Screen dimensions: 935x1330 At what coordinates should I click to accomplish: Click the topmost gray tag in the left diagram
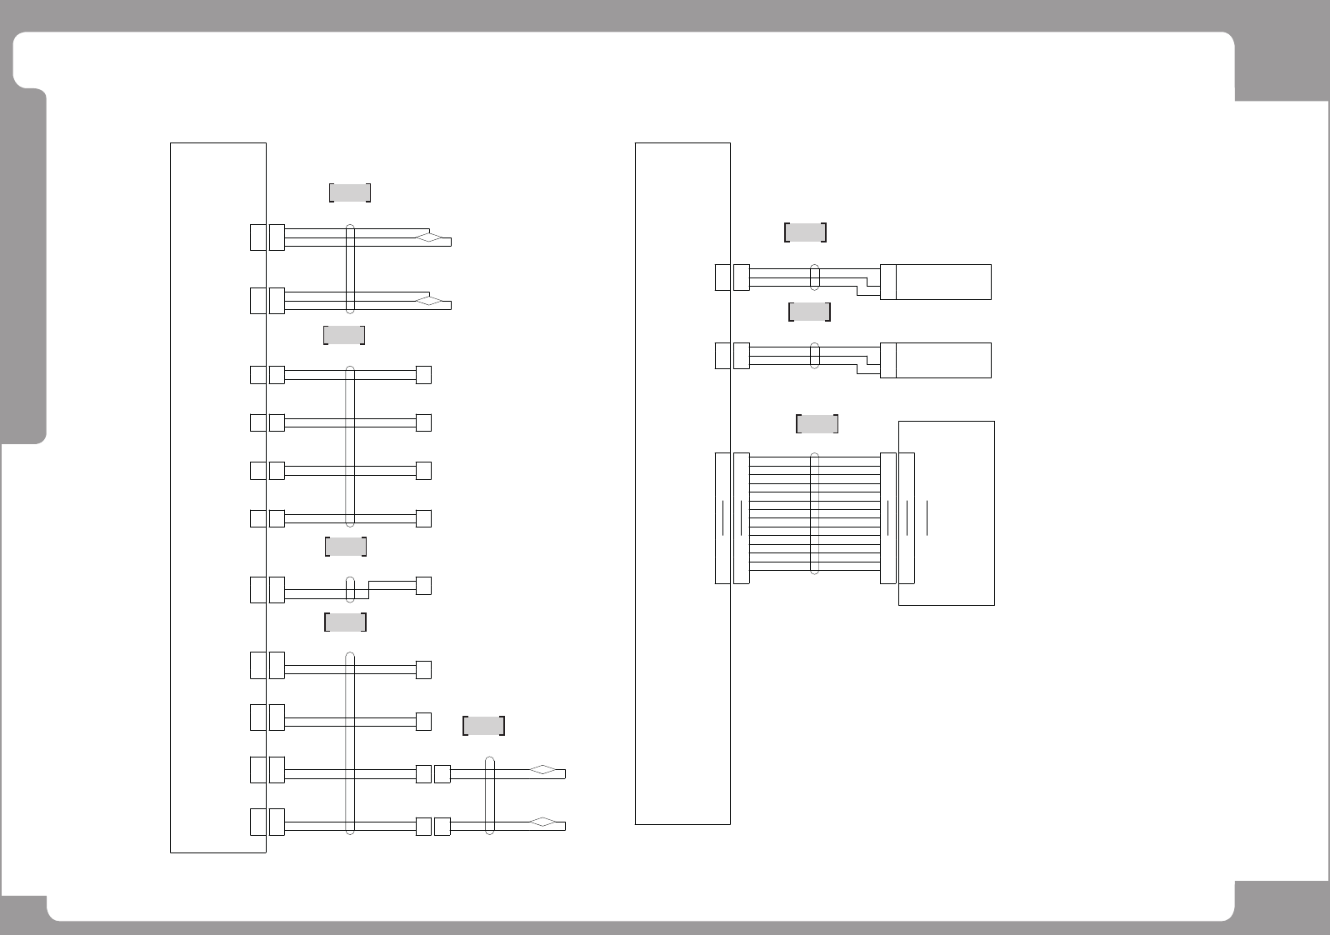click(x=350, y=192)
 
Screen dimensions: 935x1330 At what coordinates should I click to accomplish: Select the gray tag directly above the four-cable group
click(x=344, y=335)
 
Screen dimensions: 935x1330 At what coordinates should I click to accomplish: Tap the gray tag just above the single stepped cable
click(x=346, y=547)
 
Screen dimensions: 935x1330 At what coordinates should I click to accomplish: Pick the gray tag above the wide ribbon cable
click(x=817, y=423)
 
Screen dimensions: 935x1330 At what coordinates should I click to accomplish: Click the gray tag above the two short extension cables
click(x=483, y=726)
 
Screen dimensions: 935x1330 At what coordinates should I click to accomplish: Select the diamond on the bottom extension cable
click(x=542, y=822)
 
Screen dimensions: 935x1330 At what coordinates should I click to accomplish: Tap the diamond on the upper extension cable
click(x=542, y=770)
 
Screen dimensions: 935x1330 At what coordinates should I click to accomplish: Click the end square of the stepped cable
click(x=423, y=586)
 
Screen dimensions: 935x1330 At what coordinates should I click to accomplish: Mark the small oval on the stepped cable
click(x=350, y=589)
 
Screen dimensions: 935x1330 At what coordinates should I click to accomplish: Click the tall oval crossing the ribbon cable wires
click(x=815, y=514)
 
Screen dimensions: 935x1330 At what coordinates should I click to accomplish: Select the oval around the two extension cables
click(x=490, y=796)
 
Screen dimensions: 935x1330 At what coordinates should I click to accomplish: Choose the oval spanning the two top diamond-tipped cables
click(x=350, y=269)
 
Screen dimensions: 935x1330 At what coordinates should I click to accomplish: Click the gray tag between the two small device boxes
click(x=809, y=312)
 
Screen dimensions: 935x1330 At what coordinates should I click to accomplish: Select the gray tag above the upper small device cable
click(x=805, y=232)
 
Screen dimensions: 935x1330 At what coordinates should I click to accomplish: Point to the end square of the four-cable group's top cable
click(x=423, y=375)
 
